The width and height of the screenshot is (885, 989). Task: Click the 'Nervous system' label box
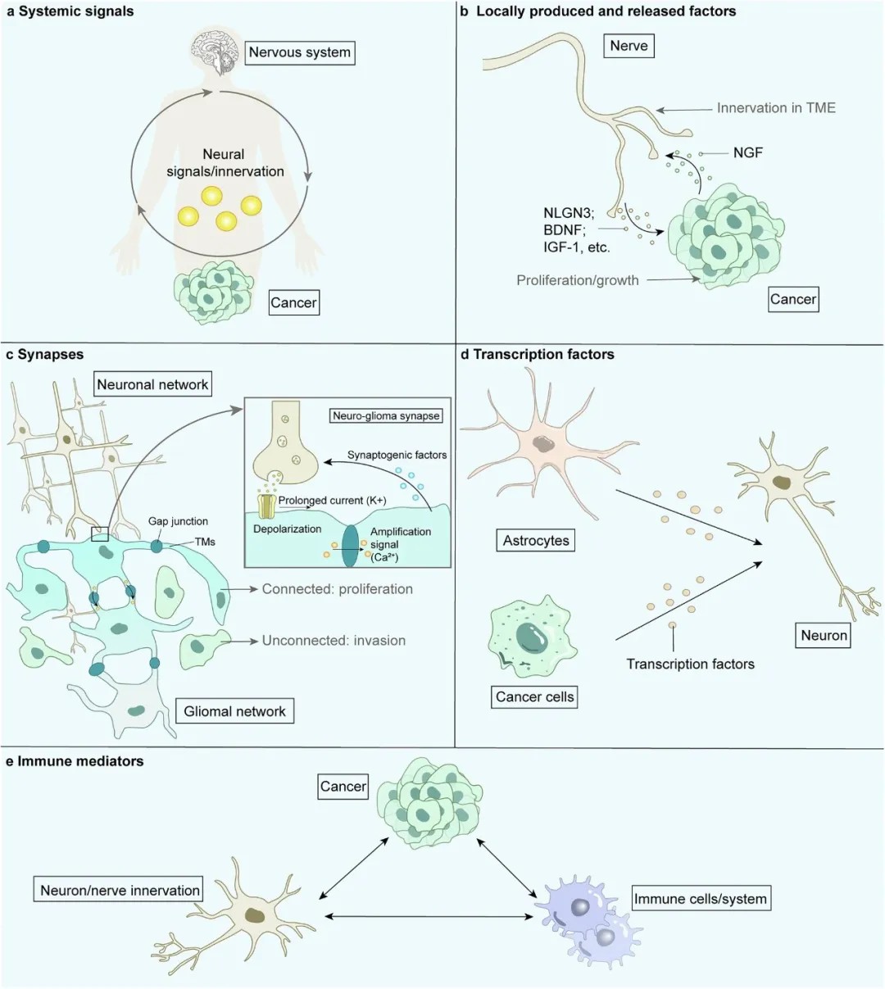click(300, 52)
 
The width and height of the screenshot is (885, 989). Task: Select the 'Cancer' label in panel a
click(293, 302)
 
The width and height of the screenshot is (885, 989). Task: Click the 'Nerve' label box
click(629, 46)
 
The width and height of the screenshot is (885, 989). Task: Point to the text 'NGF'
click(747, 152)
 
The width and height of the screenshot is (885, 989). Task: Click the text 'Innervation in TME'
click(775, 107)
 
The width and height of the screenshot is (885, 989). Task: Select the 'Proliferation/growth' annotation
click(578, 280)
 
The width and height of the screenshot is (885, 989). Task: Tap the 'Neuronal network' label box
click(152, 384)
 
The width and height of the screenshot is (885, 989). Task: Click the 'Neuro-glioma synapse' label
click(386, 415)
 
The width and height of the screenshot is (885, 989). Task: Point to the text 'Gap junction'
click(178, 521)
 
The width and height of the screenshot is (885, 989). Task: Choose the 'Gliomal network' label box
click(234, 711)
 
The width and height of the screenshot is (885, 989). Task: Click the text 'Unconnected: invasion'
click(334, 641)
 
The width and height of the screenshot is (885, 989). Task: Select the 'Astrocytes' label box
click(536, 541)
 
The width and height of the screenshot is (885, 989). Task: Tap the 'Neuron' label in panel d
click(824, 635)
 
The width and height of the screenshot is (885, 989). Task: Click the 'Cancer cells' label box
click(535, 697)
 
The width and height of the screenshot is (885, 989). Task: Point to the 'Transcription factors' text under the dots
click(690, 664)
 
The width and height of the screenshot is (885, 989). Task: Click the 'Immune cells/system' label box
click(701, 899)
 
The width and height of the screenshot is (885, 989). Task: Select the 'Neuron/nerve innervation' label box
click(120, 890)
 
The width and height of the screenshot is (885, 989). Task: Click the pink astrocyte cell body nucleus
click(543, 443)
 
